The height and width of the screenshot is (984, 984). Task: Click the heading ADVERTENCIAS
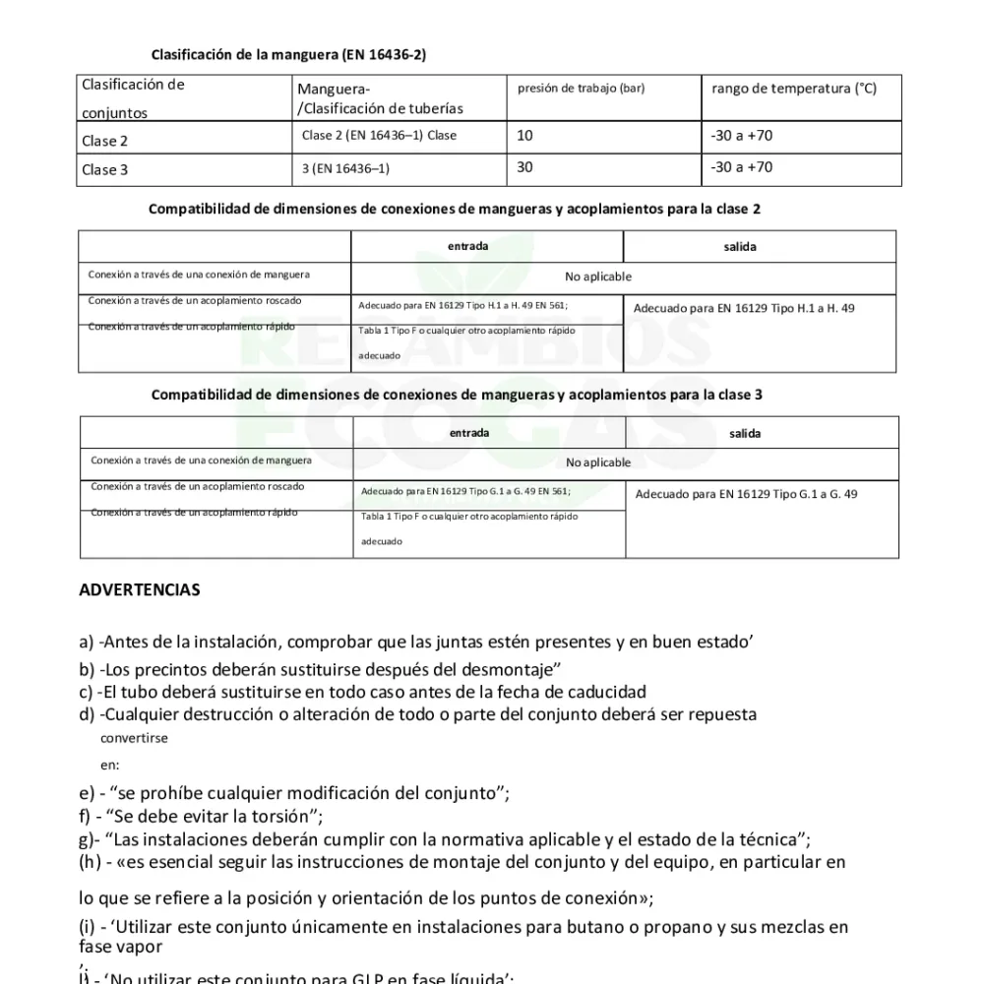pyautogui.click(x=139, y=590)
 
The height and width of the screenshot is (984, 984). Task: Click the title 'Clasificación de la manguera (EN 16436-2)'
pyautogui.click(x=288, y=54)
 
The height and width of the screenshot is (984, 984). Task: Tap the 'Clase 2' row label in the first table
pyautogui.click(x=105, y=141)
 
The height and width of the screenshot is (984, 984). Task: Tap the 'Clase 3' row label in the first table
pyautogui.click(x=105, y=169)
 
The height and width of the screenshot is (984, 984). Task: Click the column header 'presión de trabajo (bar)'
pyautogui.click(x=581, y=89)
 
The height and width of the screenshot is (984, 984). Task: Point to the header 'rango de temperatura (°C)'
pyautogui.click(x=793, y=89)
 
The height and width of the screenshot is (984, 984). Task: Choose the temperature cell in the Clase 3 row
pyautogui.click(x=741, y=167)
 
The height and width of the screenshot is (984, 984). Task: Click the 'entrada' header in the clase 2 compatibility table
pyautogui.click(x=467, y=247)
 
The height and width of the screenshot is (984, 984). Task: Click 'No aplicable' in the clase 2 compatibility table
pyautogui.click(x=598, y=277)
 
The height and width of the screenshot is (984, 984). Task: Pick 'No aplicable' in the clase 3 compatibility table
pyautogui.click(x=598, y=462)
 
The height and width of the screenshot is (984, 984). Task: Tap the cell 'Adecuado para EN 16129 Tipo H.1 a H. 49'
pyautogui.click(x=743, y=308)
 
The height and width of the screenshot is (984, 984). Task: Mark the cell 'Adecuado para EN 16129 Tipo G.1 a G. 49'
pyautogui.click(x=746, y=494)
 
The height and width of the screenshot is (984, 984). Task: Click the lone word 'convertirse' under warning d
pyautogui.click(x=134, y=738)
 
